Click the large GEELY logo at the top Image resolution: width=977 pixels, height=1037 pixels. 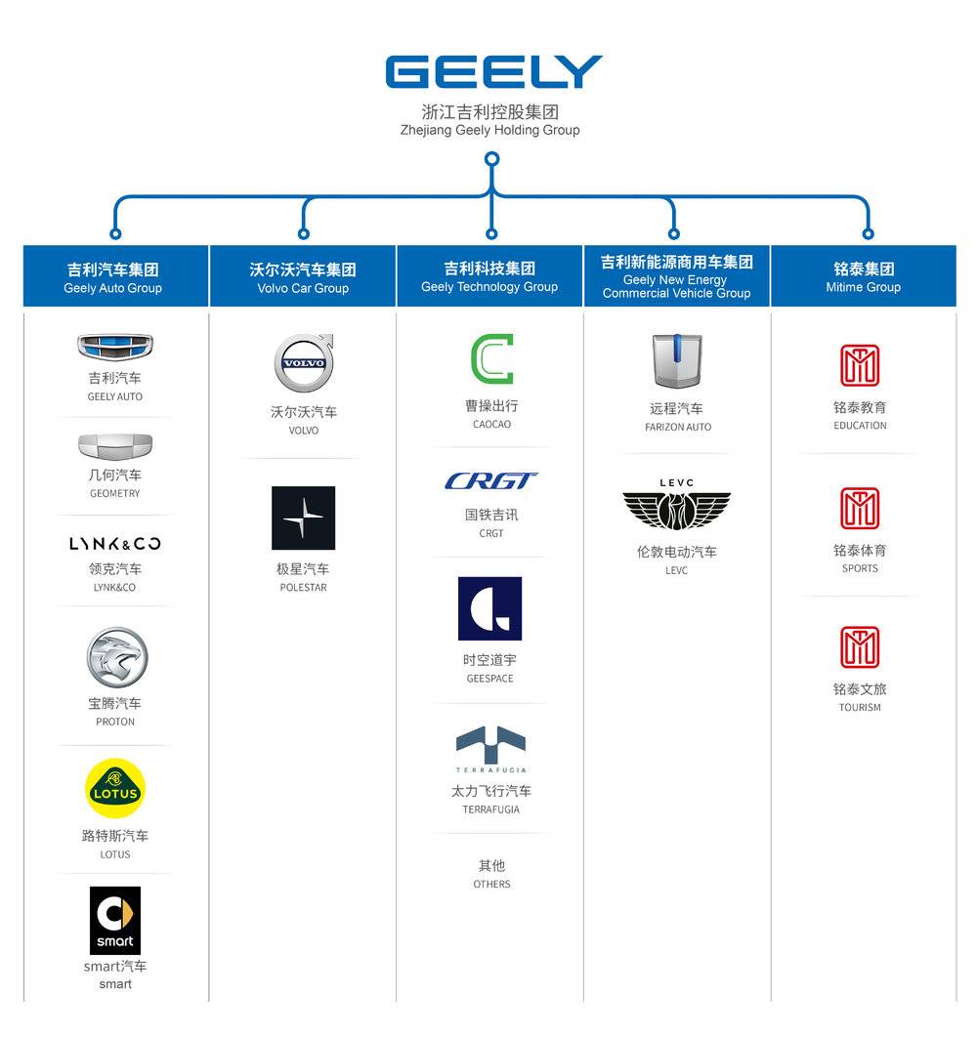tap(493, 72)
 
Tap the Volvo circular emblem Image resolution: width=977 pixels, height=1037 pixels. tap(303, 363)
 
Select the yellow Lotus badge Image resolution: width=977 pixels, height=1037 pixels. tap(115, 788)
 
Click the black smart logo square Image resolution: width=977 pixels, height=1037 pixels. tap(115, 920)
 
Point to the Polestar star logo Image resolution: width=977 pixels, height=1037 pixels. tap(303, 518)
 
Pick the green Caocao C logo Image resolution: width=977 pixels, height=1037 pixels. tap(491, 359)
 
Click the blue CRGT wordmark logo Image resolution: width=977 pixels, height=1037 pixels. tap(491, 480)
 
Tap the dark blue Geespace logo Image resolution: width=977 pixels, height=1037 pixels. tap(489, 608)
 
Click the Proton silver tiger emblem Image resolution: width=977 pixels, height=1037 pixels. tap(115, 657)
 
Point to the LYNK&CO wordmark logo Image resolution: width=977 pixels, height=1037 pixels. tap(115, 544)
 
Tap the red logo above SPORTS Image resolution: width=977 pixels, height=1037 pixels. tap(860, 509)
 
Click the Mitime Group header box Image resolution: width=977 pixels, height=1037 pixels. tap(863, 276)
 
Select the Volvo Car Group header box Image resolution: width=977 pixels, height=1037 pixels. tap(303, 276)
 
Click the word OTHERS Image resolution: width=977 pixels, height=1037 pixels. tap(491, 884)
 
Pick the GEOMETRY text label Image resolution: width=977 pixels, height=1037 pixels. tap(115, 493)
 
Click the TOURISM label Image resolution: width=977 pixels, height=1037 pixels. tap(860, 707)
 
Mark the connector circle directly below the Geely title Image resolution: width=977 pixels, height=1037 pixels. tap(492, 158)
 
